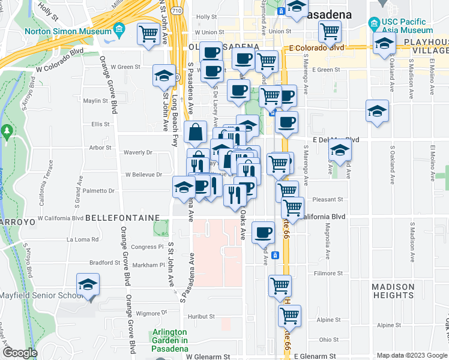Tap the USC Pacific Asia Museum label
tap(406, 25)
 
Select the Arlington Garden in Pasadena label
tap(169, 337)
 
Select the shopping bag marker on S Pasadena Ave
tap(196, 132)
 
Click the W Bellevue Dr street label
tap(143, 175)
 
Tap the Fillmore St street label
tap(328, 274)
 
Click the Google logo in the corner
tap(20, 353)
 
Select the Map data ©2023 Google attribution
tap(411, 355)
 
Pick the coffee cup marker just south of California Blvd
tap(262, 233)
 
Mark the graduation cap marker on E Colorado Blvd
tap(384, 44)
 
